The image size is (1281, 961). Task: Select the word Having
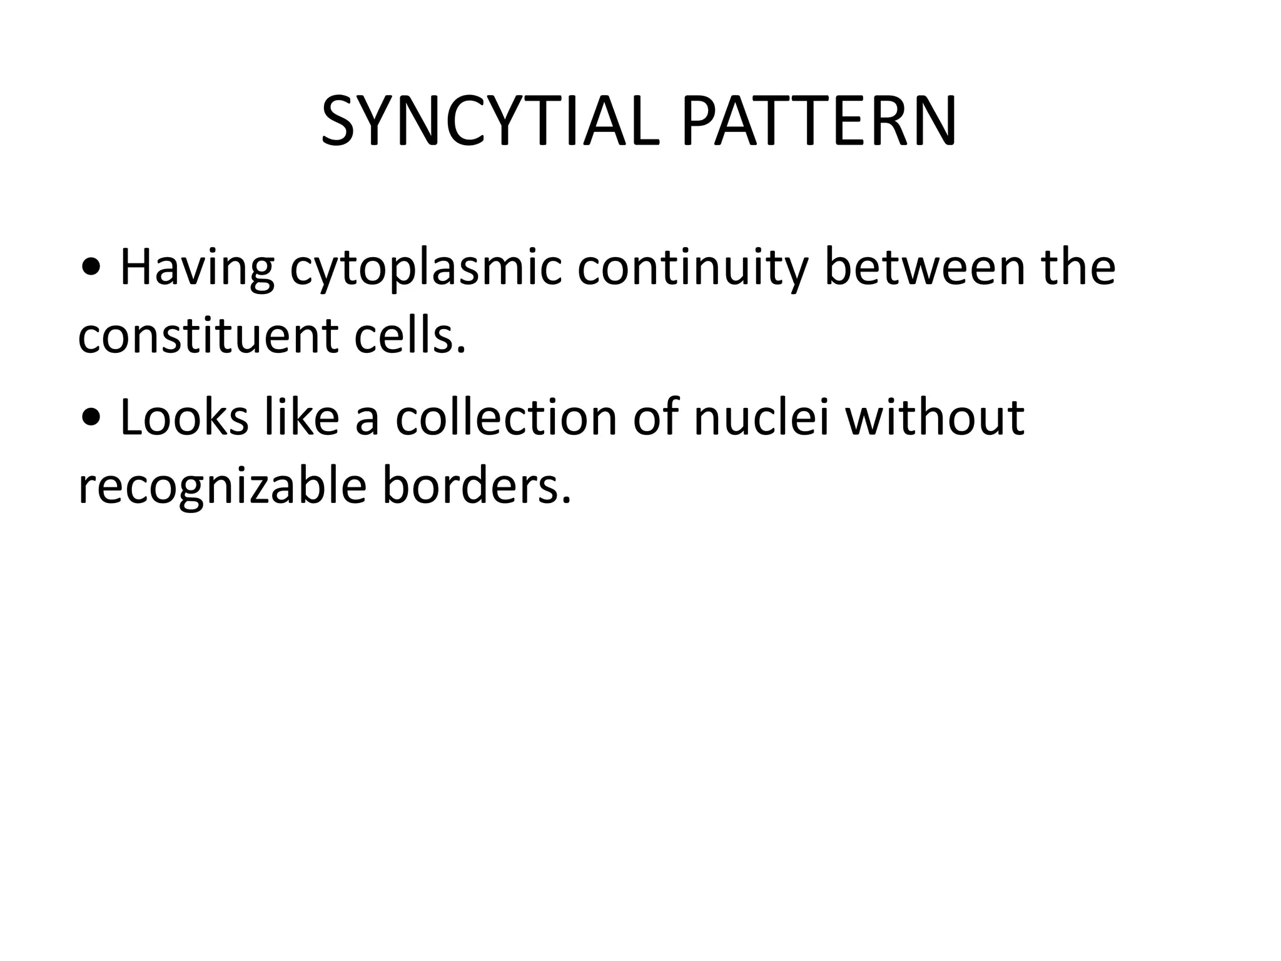click(x=196, y=268)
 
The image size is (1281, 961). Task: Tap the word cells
click(x=410, y=336)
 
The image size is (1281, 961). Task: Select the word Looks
click(x=183, y=417)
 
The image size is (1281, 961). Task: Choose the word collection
click(x=506, y=417)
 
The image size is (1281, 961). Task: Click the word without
click(x=934, y=416)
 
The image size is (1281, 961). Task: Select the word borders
click(x=477, y=486)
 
